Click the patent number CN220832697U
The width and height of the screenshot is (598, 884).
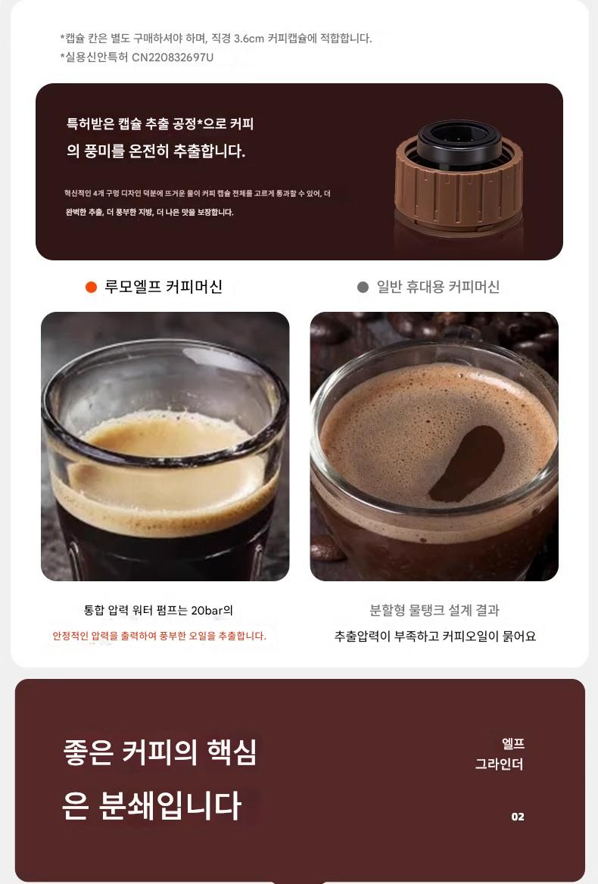tap(173, 57)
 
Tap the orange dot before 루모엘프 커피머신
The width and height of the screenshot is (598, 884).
tap(92, 287)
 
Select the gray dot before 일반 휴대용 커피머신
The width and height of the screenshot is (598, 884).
tap(363, 287)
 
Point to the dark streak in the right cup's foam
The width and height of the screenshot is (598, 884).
tap(467, 464)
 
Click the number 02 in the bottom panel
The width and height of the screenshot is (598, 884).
tap(518, 817)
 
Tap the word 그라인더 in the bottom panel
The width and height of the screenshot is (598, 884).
tap(499, 764)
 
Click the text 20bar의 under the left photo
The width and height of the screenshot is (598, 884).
tap(212, 610)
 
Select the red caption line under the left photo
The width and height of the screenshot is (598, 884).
tap(160, 636)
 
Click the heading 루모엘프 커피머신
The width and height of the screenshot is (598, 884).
tap(164, 287)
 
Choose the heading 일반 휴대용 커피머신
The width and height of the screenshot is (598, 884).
tap(438, 287)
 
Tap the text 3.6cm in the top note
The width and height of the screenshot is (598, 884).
tap(248, 39)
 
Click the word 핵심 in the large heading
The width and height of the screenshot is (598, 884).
tap(232, 752)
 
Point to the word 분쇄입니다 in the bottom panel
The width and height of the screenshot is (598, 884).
tap(170, 805)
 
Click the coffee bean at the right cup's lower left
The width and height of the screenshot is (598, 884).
tap(326, 547)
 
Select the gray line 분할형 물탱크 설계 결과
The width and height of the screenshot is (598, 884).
tap(434, 610)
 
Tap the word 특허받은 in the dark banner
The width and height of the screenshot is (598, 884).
tap(90, 123)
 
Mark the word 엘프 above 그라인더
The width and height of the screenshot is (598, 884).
tap(513, 744)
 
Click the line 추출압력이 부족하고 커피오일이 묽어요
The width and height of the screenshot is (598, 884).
tap(435, 636)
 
